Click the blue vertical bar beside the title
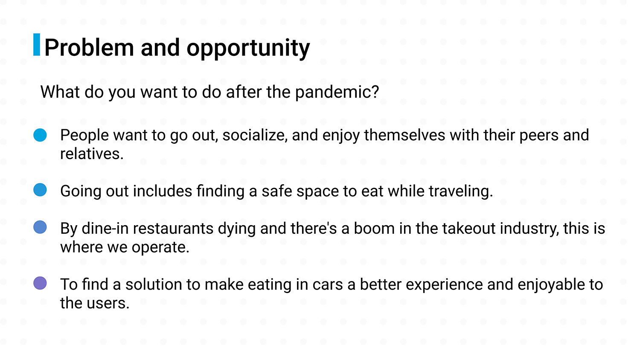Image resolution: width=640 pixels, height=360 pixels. point(37,44)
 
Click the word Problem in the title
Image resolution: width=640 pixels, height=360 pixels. point(89,47)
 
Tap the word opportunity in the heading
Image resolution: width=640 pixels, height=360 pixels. point(248,49)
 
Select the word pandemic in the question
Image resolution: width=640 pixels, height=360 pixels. point(333,92)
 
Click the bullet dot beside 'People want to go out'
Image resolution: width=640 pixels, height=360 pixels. point(40,135)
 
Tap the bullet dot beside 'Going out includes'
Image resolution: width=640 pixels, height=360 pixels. point(40,190)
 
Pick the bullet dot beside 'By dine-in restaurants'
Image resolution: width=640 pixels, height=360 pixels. point(40,227)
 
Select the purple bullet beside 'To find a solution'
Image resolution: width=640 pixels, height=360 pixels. point(40,283)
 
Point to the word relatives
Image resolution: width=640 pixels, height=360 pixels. point(92,154)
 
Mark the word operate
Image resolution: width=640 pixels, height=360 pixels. point(160,247)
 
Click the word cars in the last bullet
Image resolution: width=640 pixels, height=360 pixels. point(327,285)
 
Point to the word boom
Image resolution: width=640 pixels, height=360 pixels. point(374,228)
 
